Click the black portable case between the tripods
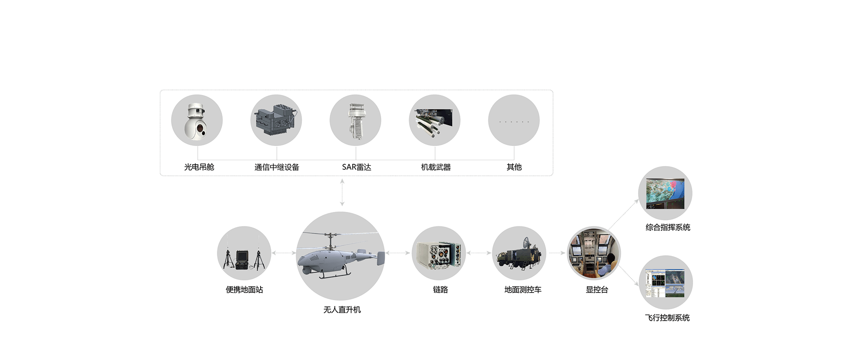[243, 260]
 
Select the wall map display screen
[665, 193]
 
